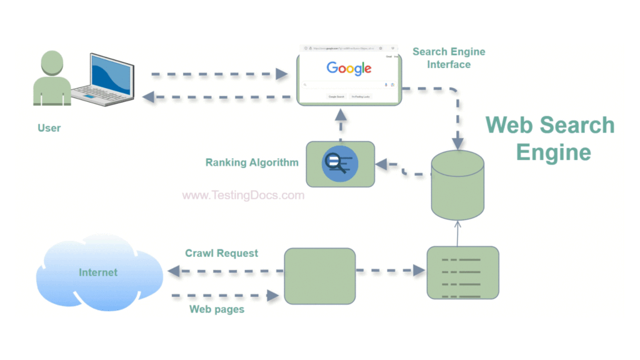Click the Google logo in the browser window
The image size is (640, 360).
tap(349, 68)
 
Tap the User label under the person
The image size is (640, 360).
tap(49, 128)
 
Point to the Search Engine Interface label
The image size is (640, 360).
tap(449, 58)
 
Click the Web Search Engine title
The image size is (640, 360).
tap(550, 138)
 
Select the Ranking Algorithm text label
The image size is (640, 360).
tap(252, 162)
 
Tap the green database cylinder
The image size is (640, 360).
tap(457, 184)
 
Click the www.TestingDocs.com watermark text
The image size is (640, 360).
tap(243, 195)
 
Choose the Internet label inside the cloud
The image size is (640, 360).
tap(98, 272)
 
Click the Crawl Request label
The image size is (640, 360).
tap(221, 253)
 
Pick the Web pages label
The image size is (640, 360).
tap(217, 309)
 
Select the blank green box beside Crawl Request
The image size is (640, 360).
tap(320, 276)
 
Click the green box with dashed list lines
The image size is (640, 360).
tap(462, 272)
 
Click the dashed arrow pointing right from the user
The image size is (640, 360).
tap(219, 74)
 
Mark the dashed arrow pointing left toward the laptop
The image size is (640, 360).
tap(219, 97)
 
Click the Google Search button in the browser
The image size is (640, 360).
tap(336, 97)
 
